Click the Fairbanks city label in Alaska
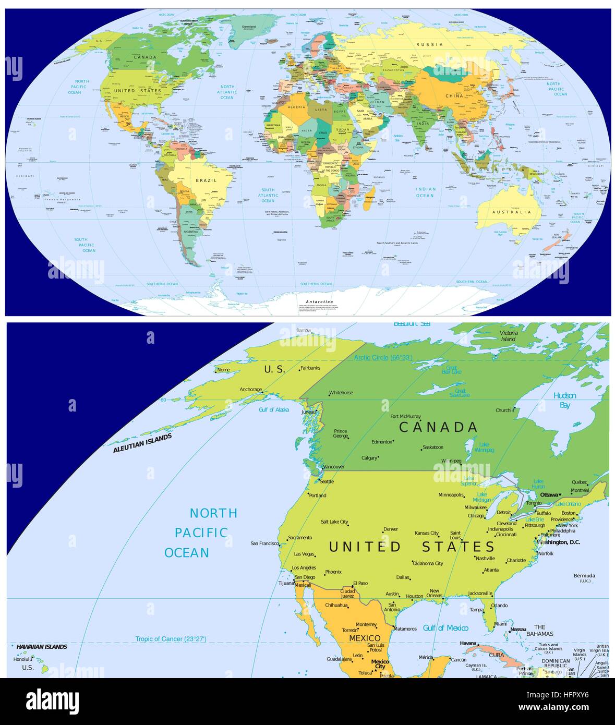pyautogui.click(x=311, y=368)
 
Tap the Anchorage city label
pyautogui.click(x=250, y=390)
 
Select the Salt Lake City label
pyautogui.click(x=334, y=522)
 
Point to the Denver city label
pyautogui.click(x=391, y=529)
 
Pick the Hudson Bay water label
pyautogui.click(x=565, y=400)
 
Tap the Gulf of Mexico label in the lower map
pyautogui.click(x=445, y=628)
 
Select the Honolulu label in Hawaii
pyautogui.click(x=23, y=659)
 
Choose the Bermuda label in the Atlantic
pyautogui.click(x=584, y=576)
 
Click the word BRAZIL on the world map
pyautogui.click(x=206, y=180)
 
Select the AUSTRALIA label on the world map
pyautogui.click(x=512, y=212)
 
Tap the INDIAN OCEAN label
pyautogui.click(x=425, y=192)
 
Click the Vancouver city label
pyautogui.click(x=334, y=467)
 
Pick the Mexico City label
pyautogui.click(x=380, y=664)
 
